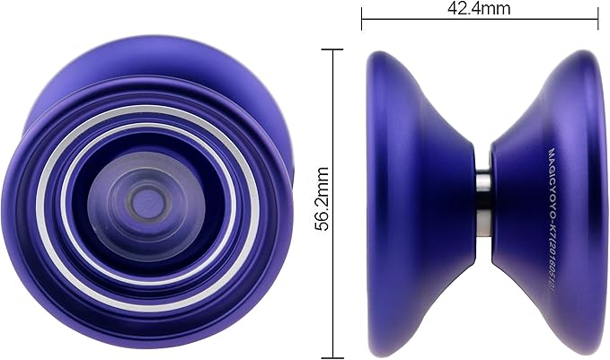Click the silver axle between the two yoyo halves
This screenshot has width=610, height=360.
click(x=482, y=205)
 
